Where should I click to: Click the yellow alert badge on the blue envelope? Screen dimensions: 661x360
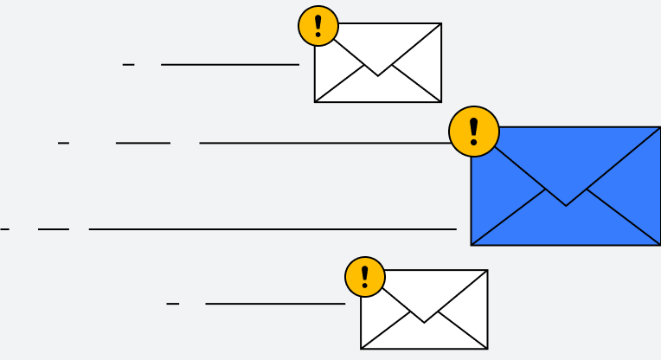(x=473, y=132)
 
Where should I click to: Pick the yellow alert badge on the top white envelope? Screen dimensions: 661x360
(x=318, y=26)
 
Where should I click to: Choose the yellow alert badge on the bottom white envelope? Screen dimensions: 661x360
(x=365, y=277)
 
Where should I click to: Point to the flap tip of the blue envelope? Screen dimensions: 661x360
(x=566, y=205)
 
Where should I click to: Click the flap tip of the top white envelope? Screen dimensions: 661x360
(x=378, y=76)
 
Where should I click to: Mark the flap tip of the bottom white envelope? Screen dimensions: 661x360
(x=424, y=323)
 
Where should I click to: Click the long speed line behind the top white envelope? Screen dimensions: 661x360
(x=229, y=65)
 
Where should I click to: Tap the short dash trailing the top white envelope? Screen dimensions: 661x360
(x=128, y=65)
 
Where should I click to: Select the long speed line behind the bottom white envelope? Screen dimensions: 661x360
(x=275, y=304)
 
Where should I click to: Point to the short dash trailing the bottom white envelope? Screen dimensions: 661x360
(x=172, y=304)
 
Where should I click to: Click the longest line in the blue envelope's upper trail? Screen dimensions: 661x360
(x=324, y=143)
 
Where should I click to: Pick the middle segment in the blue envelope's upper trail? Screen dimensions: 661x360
(x=143, y=143)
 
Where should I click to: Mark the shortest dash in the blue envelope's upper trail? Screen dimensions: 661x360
(x=63, y=143)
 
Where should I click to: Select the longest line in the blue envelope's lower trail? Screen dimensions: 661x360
(x=273, y=229)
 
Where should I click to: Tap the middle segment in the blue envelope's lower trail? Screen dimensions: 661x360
(x=54, y=229)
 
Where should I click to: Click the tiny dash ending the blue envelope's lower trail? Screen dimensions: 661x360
(x=4, y=229)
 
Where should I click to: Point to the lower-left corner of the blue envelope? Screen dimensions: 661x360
(x=472, y=244)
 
